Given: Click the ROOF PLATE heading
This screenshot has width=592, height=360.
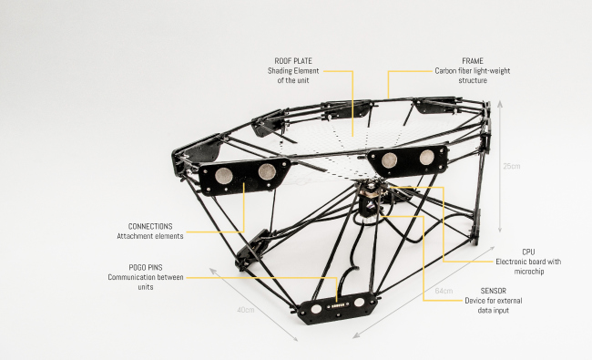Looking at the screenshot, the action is [x=293, y=61].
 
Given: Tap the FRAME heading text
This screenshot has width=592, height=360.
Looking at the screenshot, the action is [x=473, y=61].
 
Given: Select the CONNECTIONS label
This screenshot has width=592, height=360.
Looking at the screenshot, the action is [x=150, y=226].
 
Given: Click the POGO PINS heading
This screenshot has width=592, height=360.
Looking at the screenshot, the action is [x=146, y=267].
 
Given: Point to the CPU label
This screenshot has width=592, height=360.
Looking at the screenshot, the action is [x=528, y=252].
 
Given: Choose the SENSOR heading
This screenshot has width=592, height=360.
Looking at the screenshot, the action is [x=494, y=291].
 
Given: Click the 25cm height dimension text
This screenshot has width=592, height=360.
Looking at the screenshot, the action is [x=512, y=166].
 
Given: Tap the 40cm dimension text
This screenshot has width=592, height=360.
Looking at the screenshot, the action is [x=246, y=310].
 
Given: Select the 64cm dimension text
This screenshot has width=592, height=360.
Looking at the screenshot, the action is [x=444, y=291].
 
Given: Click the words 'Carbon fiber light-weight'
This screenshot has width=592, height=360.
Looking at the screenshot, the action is [x=473, y=71].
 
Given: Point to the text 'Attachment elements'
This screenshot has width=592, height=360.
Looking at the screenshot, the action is [x=150, y=236].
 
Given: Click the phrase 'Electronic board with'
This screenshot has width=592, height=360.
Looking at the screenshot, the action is [x=528, y=262].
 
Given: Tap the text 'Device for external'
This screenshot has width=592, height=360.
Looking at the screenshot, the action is [x=494, y=301].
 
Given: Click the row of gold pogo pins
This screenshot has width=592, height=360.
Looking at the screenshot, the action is [x=337, y=305].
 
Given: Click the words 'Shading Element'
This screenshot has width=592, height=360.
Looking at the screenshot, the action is [x=293, y=71].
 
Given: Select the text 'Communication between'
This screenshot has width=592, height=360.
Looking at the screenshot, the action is [x=146, y=277].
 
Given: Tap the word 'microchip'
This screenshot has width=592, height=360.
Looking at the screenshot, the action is [x=529, y=272].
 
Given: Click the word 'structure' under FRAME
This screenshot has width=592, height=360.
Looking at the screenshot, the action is [x=473, y=80].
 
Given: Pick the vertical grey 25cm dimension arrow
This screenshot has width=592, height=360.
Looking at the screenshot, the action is [x=500, y=167].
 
